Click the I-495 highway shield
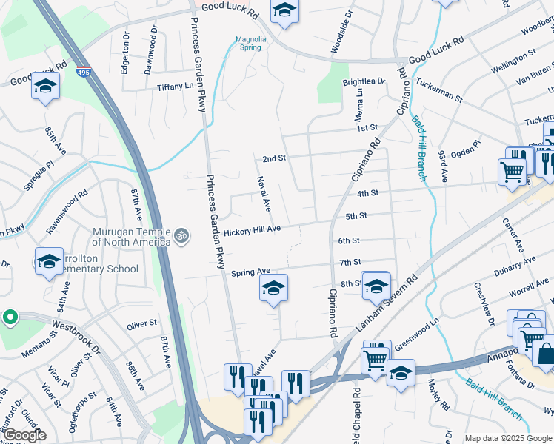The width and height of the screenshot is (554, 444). click(x=83, y=72)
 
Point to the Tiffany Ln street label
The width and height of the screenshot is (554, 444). click(x=175, y=87)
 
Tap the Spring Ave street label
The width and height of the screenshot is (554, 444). click(x=250, y=272)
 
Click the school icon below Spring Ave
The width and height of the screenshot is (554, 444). click(x=273, y=289)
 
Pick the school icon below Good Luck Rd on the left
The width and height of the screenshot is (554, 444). click(x=45, y=87)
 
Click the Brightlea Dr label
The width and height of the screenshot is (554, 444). click(x=364, y=81)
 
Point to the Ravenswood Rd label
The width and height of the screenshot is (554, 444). click(x=68, y=212)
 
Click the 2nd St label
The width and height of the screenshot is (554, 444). click(x=274, y=158)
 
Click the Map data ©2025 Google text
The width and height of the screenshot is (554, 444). click(x=508, y=438)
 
